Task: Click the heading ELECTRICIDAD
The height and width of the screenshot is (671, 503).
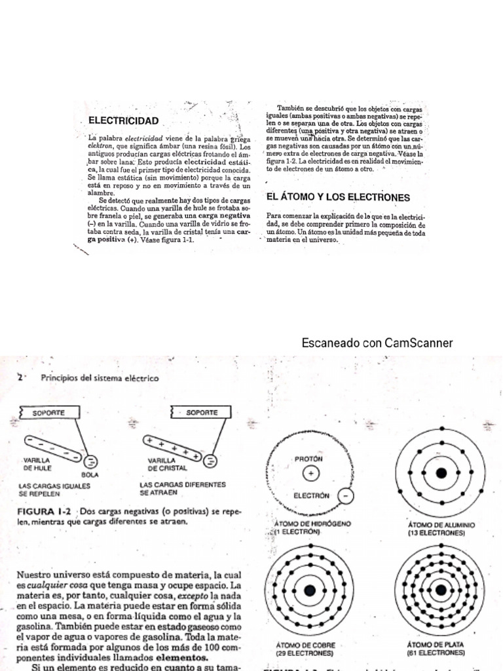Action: point(124,121)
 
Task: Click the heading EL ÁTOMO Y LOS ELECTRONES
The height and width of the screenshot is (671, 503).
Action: point(338,197)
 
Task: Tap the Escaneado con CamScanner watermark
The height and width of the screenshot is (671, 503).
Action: point(377,343)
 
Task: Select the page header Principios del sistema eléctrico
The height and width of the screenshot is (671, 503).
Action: point(100,378)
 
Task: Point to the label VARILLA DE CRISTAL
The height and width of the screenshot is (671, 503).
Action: point(168,465)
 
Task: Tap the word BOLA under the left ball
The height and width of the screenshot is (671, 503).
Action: point(90,474)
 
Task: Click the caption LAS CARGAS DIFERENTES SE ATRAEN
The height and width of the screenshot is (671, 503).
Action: point(182,488)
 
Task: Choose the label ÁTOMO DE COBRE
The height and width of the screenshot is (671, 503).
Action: point(305,645)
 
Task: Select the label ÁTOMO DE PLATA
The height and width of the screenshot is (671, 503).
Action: point(436,645)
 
